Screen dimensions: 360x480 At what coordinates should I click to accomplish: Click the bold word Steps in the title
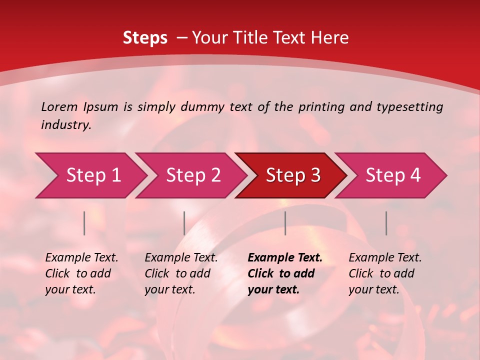point(145,38)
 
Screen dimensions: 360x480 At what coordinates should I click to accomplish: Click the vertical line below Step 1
point(84,223)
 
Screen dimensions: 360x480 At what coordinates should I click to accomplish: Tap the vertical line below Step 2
point(184,223)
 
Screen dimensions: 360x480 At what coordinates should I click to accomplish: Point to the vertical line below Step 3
point(285,223)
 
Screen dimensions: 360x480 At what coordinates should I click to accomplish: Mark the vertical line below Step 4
point(386,223)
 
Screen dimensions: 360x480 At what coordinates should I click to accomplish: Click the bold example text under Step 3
point(284,273)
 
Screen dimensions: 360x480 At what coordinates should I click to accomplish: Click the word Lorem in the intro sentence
point(59,106)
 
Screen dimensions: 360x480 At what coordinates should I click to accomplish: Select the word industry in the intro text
point(66,124)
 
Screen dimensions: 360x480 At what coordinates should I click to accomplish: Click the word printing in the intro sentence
point(321,107)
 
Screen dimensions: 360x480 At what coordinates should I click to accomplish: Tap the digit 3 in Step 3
point(315,175)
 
